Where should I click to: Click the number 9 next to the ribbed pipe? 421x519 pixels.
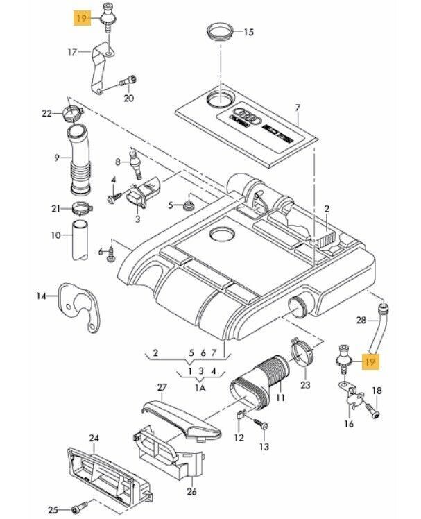pyautogui.click(x=58, y=158)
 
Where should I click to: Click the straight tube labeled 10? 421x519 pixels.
pyautogui.click(x=78, y=240)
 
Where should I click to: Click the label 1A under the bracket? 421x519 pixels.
pyautogui.click(x=200, y=389)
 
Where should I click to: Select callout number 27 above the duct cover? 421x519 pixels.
pyautogui.click(x=162, y=387)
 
